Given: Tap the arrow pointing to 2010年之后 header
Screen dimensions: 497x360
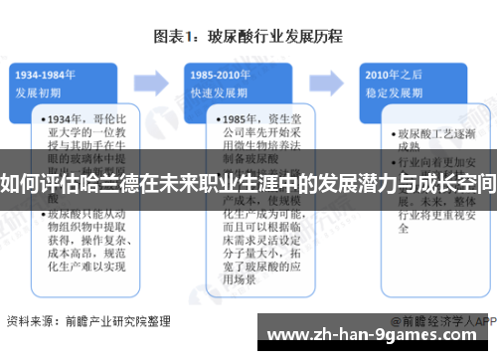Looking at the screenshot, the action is pyautogui.click(x=333, y=81).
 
